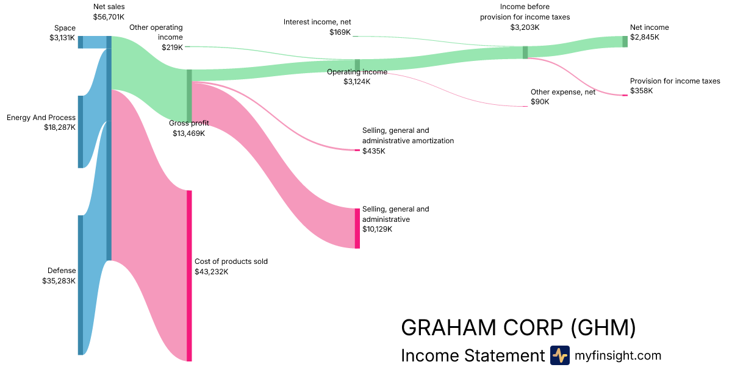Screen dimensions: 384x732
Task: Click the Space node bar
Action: (x=81, y=42)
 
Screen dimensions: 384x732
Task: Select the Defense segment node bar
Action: (x=81, y=285)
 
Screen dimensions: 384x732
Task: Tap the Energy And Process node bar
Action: (x=81, y=131)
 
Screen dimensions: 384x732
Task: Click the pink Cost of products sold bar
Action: (x=189, y=276)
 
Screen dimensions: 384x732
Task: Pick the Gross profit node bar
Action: (x=189, y=96)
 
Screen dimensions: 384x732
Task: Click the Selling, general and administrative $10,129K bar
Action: (x=357, y=229)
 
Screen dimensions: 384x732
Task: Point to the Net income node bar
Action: (x=625, y=41)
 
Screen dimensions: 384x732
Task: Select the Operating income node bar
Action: (x=357, y=65)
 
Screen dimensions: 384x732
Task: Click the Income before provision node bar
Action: (x=525, y=52)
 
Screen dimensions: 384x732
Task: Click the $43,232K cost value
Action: (x=212, y=272)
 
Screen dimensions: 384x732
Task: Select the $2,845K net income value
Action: (x=645, y=37)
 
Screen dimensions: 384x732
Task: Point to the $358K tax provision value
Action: (x=641, y=91)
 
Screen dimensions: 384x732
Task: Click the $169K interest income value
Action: (x=340, y=32)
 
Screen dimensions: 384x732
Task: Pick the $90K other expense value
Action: (x=540, y=102)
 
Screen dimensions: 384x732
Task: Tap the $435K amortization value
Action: (x=374, y=151)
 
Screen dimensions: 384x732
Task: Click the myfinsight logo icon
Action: (x=559, y=355)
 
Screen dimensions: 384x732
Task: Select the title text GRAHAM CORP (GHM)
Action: (x=518, y=328)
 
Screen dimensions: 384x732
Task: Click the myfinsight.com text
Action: (x=618, y=355)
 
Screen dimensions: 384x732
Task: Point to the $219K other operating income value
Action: (x=172, y=47)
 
